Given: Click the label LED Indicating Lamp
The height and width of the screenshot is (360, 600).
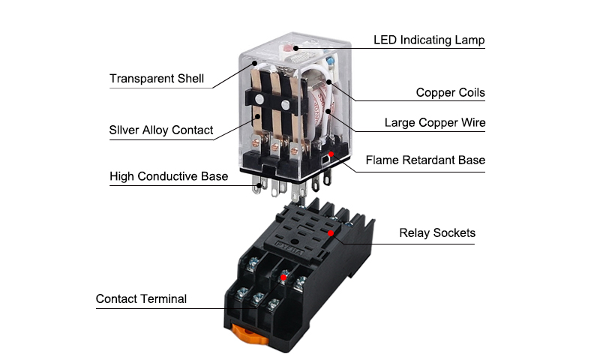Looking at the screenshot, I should tap(429, 40).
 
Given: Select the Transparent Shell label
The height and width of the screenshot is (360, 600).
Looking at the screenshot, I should tap(156, 79).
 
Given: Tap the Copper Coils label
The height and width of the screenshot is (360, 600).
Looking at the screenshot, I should tap(450, 93).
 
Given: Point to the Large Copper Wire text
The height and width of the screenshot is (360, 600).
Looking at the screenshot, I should tap(434, 122).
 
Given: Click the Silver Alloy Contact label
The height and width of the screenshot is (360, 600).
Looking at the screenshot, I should tap(160, 130).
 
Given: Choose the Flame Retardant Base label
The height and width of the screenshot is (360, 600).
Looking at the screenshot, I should tap(425, 160).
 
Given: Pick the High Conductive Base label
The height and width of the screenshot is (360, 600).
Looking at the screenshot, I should tap(168, 177).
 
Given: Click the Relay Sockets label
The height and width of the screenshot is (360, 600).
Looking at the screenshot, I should tap(436, 233).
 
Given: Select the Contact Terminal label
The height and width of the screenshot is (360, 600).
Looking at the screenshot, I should tap(141, 299).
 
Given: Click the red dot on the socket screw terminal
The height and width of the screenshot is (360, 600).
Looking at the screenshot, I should tap(283, 277).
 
